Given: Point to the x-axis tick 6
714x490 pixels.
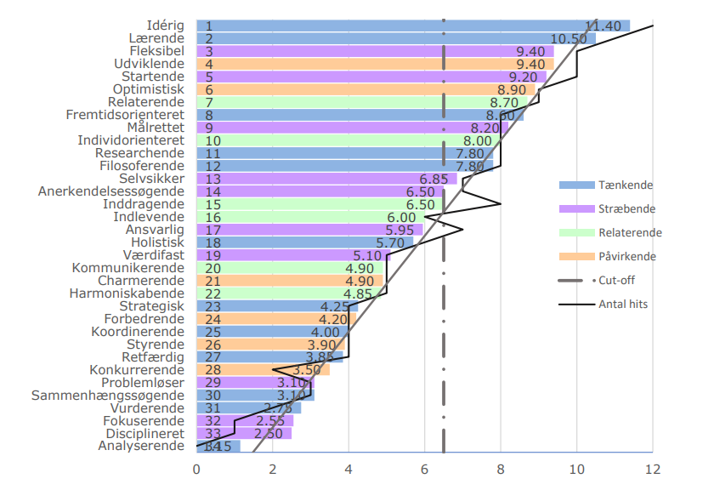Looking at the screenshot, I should (x=425, y=469).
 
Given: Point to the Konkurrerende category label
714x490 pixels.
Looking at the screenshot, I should (x=137, y=370).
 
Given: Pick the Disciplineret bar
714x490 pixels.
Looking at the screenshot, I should (x=243, y=433).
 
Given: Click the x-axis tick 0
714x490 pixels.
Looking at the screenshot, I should (x=196, y=469).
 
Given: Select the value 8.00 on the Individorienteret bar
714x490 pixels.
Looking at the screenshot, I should (x=477, y=140).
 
